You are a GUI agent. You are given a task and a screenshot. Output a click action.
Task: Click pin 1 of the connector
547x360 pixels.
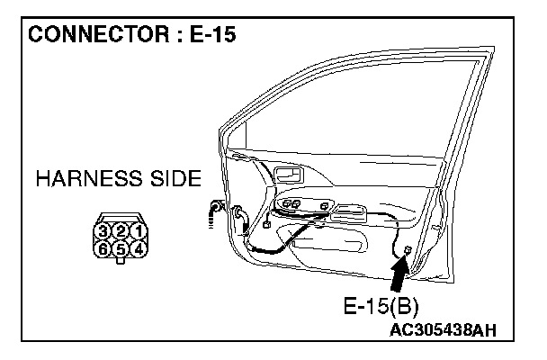(x=138, y=233)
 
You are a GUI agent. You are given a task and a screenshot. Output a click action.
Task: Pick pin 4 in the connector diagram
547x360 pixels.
(x=138, y=248)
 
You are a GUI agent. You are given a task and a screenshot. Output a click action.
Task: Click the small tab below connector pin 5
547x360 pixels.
(x=120, y=262)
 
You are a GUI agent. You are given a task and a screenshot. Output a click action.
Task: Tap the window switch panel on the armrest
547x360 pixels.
(x=302, y=207)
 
